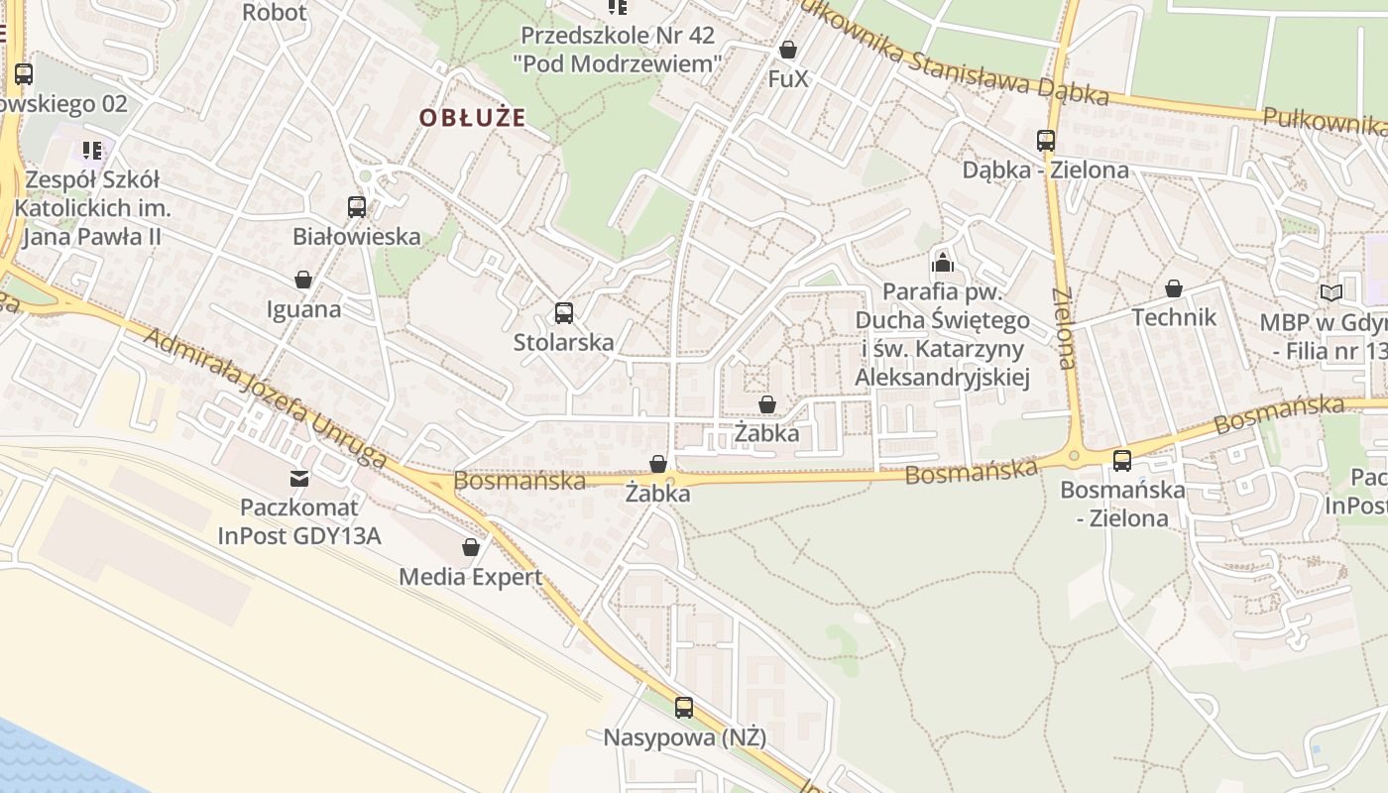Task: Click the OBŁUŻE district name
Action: [471, 118]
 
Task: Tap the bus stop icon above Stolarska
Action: [564, 313]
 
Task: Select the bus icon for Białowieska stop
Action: [357, 207]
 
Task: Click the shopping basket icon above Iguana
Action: [303, 281]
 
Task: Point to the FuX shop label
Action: [788, 78]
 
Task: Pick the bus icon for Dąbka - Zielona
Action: [1046, 141]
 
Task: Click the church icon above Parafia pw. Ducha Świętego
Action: [942, 263]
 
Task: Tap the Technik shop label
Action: [1174, 317]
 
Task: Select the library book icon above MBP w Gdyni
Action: [1330, 293]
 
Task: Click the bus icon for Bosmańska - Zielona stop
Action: [1122, 461]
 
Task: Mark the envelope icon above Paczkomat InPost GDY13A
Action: [299, 480]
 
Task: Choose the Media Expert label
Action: [471, 577]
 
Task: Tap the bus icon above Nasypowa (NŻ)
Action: [684, 708]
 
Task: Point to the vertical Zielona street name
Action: [1065, 328]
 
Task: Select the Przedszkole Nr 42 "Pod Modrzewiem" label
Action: [618, 50]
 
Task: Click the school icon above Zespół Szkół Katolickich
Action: [93, 151]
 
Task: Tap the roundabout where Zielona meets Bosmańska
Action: [1074, 457]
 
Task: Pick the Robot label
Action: [275, 13]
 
